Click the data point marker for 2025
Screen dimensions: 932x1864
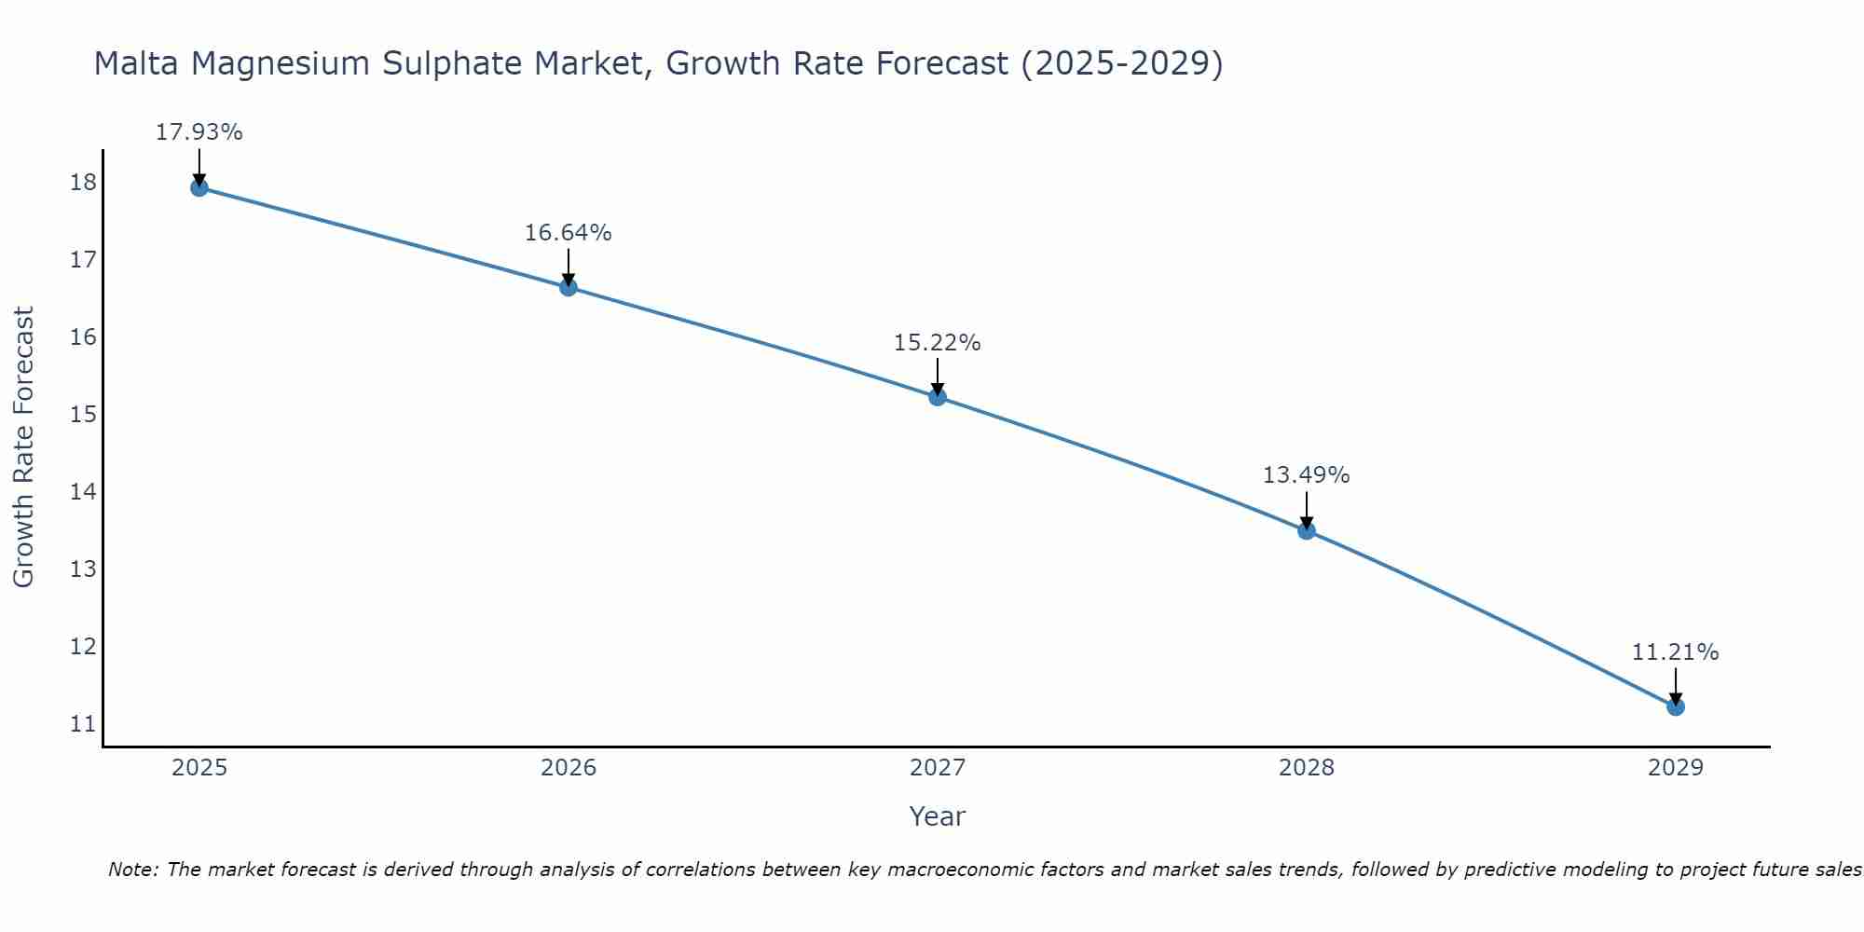tap(199, 187)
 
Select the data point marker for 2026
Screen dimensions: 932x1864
tap(568, 287)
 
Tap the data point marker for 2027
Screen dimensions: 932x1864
tap(937, 397)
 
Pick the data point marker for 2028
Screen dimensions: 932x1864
tap(1306, 530)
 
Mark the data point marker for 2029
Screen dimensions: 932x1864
tap(1675, 706)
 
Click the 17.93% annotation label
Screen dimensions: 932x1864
tap(199, 132)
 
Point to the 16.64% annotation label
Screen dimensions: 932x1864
tap(568, 233)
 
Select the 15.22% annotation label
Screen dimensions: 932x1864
tap(937, 343)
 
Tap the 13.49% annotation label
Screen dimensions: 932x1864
tap(1306, 475)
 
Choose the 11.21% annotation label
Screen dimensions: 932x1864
tap(1675, 652)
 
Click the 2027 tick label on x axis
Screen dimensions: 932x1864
tap(937, 768)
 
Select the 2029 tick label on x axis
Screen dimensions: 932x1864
tap(1675, 768)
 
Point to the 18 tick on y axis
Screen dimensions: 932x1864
tap(83, 182)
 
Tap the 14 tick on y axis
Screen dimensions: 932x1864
tap(83, 491)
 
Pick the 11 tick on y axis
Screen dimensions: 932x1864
tap(83, 723)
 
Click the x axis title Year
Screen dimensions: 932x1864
tap(937, 816)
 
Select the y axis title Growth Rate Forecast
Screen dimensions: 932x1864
tap(23, 446)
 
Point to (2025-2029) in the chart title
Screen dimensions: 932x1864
tap(1121, 63)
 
